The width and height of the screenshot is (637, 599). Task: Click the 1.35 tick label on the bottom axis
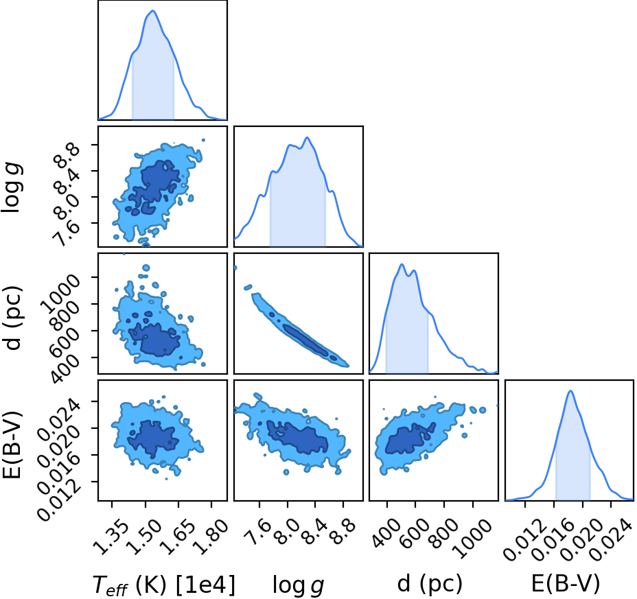click(111, 537)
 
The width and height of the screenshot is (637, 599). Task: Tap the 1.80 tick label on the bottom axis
click(209, 537)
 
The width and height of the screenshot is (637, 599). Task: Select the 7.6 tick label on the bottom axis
click(259, 532)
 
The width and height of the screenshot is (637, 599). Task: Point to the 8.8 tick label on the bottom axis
click(343, 532)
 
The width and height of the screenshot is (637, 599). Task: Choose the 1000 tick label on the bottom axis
click(472, 539)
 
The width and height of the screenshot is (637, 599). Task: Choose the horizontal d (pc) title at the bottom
click(430, 585)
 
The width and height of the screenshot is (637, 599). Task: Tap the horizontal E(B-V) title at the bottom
click(566, 585)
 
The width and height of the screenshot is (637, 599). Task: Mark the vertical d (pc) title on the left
click(12, 314)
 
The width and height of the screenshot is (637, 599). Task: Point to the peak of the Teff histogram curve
click(153, 11)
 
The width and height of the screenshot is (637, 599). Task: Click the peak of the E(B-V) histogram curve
click(571, 391)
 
